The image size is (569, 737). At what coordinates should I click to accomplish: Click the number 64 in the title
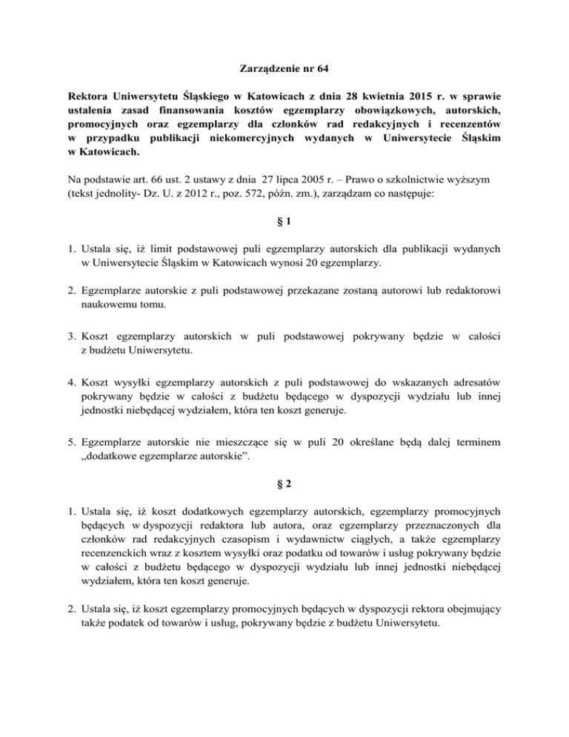tap(319, 72)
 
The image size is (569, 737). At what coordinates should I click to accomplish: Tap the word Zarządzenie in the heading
tap(271, 72)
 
